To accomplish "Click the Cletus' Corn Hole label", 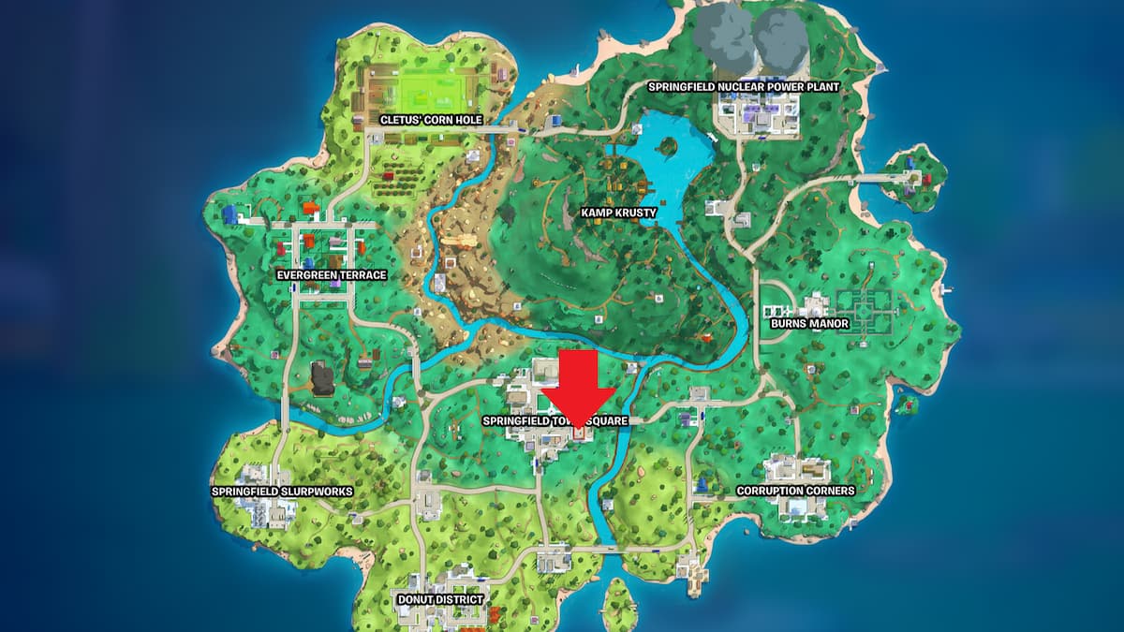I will click(430, 120).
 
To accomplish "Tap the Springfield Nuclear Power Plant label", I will click(744, 86).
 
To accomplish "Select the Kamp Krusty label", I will click(618, 213).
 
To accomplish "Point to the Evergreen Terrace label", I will click(332, 275).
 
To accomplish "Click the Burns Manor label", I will click(809, 323).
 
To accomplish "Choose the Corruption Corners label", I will click(795, 491).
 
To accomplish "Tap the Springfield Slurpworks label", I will click(268, 491).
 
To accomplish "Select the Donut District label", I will click(440, 599).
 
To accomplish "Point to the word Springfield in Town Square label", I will click(512, 421).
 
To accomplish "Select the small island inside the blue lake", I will click(668, 146).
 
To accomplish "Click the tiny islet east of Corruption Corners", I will click(905, 405).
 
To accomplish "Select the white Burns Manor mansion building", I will click(812, 305).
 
